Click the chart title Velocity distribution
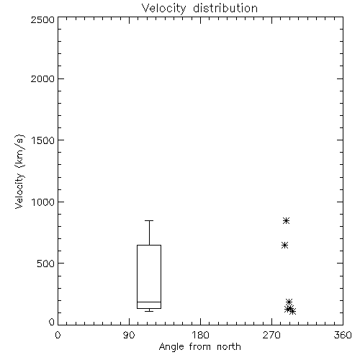[199, 9]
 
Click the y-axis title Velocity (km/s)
[19, 171]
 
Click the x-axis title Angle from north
[199, 347]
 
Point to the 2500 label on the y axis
[42, 19]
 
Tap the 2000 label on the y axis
[42, 78]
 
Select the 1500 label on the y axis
[43, 140]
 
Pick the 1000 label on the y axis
[43, 202]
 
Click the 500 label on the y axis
[46, 264]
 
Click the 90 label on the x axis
[129, 335]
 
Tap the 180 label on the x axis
[200, 335]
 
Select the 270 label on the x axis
[271, 335]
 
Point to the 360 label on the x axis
[343, 335]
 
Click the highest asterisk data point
[286, 220]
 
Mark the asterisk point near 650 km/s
[284, 246]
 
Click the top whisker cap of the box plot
[149, 220]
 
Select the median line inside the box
[149, 302]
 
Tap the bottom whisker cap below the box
[149, 311]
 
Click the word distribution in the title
[225, 9]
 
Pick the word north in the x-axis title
[229, 347]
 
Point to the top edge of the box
[149, 245]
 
